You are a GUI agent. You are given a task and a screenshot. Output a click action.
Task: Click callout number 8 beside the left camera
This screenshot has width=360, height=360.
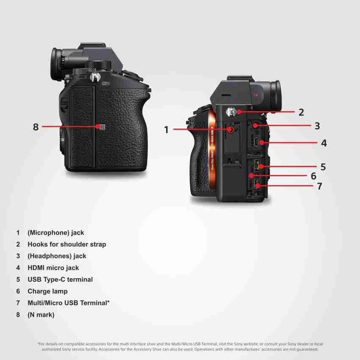click(36, 127)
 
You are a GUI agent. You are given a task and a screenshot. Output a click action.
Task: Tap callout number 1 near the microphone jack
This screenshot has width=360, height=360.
click(166, 130)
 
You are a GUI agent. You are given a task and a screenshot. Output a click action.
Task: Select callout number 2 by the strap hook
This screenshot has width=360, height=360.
click(301, 112)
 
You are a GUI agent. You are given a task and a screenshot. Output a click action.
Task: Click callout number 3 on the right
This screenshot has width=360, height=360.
click(317, 126)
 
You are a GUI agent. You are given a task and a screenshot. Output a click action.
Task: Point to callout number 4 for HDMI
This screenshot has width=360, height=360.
click(324, 143)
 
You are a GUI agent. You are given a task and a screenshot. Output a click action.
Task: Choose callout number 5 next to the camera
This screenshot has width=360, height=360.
click(323, 167)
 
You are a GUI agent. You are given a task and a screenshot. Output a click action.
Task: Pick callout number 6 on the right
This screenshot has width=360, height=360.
click(313, 176)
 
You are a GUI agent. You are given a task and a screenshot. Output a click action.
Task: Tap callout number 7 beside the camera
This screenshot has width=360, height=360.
click(319, 186)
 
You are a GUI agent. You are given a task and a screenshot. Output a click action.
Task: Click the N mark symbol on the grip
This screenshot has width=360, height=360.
click(98, 126)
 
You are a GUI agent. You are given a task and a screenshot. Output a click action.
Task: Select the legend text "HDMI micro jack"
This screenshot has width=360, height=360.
click(53, 268)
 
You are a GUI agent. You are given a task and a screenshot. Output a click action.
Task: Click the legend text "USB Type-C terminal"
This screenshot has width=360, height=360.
click(60, 280)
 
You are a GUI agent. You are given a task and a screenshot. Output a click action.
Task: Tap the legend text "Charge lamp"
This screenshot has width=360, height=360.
click(47, 291)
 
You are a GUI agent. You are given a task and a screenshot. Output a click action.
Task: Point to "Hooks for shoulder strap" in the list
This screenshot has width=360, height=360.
click(66, 244)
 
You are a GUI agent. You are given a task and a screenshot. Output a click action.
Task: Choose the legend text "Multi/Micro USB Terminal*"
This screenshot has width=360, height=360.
click(69, 303)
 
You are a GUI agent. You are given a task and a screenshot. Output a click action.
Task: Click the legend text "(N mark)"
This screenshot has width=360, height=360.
click(41, 315)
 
